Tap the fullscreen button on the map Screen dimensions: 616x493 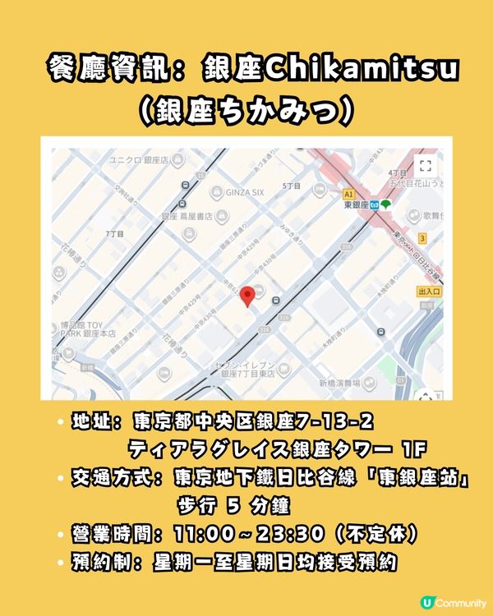425,165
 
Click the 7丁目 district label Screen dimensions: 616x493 114,234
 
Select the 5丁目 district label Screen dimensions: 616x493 292,186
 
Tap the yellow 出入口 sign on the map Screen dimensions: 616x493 430,291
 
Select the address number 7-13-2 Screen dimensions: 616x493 335,422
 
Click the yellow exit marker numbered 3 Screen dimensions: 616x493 423,237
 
